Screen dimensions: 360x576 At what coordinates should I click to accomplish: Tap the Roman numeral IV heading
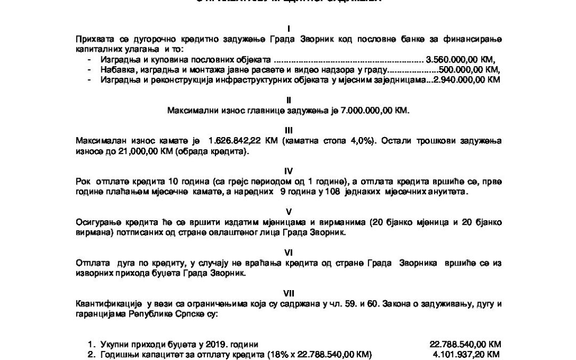tap(288, 171)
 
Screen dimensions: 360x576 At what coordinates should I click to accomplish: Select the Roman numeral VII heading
tap(288, 292)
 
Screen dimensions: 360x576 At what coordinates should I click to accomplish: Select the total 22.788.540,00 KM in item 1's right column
tap(465, 344)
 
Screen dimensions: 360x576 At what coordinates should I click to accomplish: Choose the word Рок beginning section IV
tap(83, 182)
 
